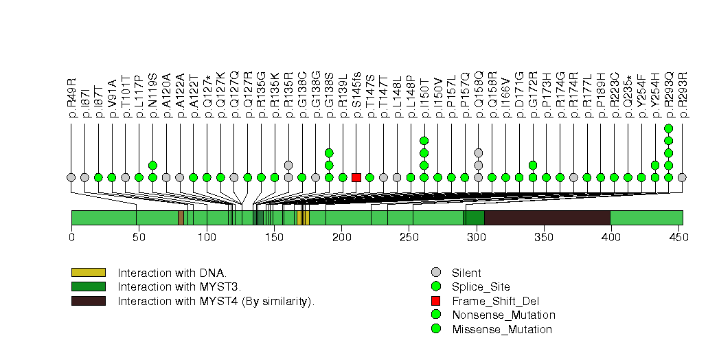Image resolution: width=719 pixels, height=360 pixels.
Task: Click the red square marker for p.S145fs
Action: [356, 177]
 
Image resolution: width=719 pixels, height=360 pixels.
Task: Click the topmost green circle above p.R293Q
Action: [669, 128]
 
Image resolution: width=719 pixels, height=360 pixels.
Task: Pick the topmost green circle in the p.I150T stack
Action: [424, 141]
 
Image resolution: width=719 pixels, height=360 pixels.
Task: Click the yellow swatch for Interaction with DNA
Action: [88, 273]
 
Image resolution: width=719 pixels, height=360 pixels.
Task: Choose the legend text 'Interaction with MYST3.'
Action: [172, 286]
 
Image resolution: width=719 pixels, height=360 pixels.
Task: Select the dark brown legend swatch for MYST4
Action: [88, 301]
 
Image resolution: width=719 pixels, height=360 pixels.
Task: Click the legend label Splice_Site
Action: [481, 287]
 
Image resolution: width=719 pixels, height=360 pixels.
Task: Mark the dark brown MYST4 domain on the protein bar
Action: [547, 218]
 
